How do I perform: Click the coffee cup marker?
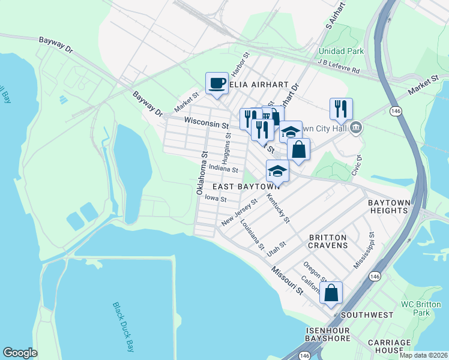click(x=217, y=83)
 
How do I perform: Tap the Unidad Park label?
click(x=341, y=51)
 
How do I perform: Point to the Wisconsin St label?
click(x=206, y=122)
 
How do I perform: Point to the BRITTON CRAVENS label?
click(x=328, y=241)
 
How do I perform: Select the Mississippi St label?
click(x=364, y=251)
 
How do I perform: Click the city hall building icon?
click(x=356, y=127)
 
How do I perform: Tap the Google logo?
click(x=20, y=353)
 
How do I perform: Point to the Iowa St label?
click(x=215, y=199)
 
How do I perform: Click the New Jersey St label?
click(x=239, y=212)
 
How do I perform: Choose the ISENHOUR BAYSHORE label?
click(x=328, y=334)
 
